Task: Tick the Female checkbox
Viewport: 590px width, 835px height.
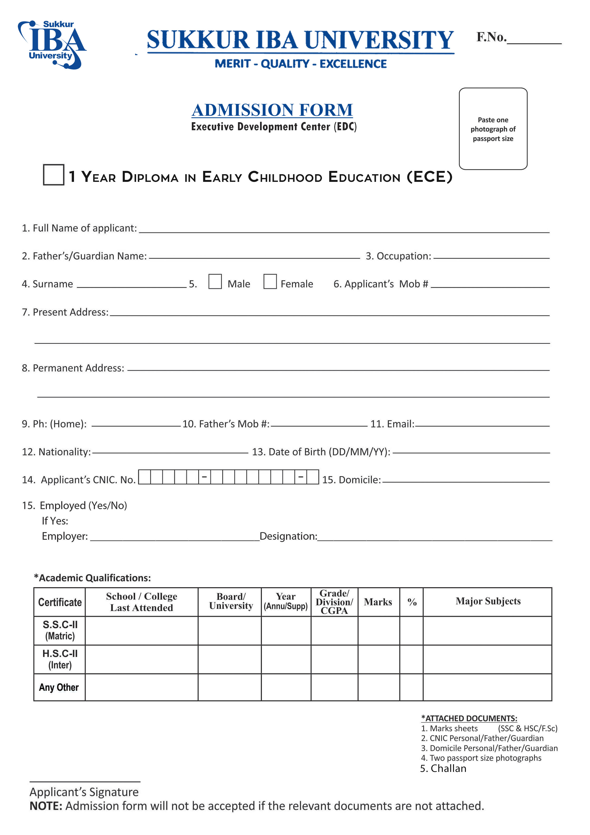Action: click(270, 282)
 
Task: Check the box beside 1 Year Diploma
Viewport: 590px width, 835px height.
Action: click(54, 175)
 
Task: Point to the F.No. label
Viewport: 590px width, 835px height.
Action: click(491, 37)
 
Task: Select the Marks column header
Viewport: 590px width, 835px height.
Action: click(378, 602)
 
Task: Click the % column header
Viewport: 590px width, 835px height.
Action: click(412, 602)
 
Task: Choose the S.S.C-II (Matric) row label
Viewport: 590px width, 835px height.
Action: click(60, 630)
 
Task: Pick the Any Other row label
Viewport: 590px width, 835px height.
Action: click(59, 687)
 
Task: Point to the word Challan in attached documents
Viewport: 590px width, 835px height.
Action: click(448, 768)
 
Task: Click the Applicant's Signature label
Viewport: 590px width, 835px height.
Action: click(84, 792)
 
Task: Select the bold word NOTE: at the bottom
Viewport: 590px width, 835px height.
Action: click(46, 806)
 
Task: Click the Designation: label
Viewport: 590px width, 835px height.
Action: click(288, 537)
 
